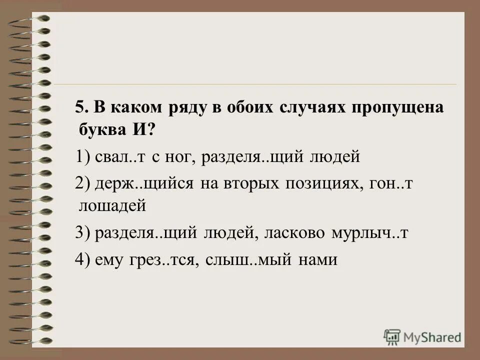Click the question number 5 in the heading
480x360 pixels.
pyautogui.click(x=80, y=108)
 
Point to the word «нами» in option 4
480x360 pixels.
pyautogui.click(x=318, y=260)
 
